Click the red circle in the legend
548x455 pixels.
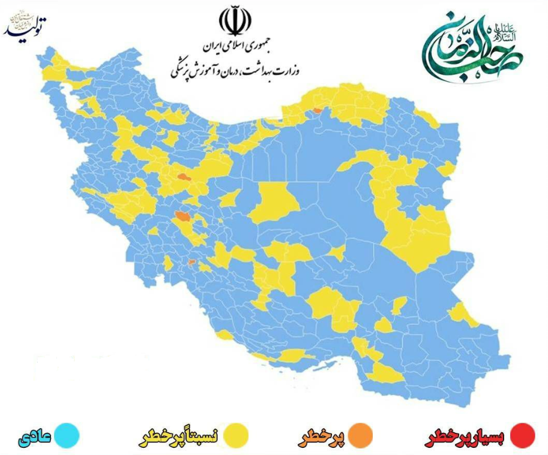(521, 436)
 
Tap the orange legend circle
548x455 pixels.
(360, 436)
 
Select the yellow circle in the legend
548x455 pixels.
(236, 436)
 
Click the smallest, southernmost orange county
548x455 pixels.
(191, 262)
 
